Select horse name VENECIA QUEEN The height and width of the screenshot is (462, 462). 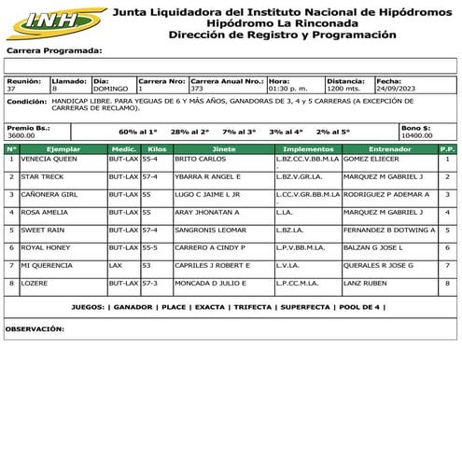tap(49, 160)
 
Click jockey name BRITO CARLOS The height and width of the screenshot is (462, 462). tap(196, 160)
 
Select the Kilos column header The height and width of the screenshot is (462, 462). tap(157, 148)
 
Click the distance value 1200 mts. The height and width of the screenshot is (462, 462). tap(343, 90)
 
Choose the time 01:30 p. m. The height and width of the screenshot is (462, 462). tap(287, 90)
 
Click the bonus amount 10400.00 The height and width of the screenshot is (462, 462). tap(416, 135)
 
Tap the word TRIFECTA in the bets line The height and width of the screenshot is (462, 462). tap(253, 307)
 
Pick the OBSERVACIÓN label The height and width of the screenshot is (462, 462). tap(35, 329)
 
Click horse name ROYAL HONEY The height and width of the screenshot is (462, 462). tap(46, 247)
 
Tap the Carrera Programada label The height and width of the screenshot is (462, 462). tap(54, 50)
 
